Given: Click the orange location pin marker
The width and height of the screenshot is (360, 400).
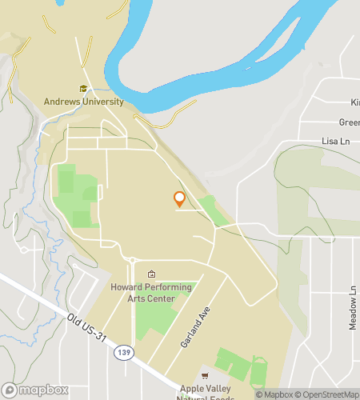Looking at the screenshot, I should tap(179, 200).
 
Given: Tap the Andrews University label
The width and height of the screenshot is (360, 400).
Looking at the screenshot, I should tap(84, 102).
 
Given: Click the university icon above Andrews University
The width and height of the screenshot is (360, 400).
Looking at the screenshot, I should tap(83, 89).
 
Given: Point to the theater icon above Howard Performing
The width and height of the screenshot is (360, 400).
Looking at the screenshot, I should tap(151, 274).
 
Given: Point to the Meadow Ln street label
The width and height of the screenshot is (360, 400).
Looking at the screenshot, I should tap(352, 303).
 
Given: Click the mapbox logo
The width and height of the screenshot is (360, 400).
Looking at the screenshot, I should tap(35, 390).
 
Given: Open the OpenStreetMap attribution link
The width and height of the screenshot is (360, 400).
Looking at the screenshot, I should tap(329, 394).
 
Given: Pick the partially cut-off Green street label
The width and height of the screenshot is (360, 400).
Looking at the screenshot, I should tap(349, 122).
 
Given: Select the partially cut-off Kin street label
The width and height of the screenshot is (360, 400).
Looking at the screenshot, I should tap(354, 102).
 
